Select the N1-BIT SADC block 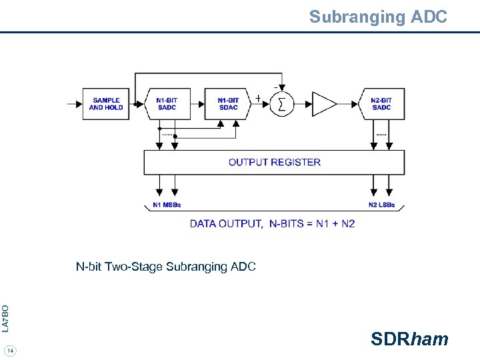167,104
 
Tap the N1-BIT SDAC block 228,104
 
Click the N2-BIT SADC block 381,104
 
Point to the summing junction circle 282,104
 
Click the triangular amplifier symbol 323,104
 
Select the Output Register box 274,162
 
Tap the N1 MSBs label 167,205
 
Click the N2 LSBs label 381,205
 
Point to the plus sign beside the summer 258,97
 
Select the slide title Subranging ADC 377,17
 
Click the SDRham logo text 409,339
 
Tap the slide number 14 11,351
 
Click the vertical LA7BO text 5,318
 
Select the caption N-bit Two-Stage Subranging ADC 165,267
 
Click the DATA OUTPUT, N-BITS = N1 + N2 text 272,223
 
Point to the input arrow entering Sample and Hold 74,104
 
